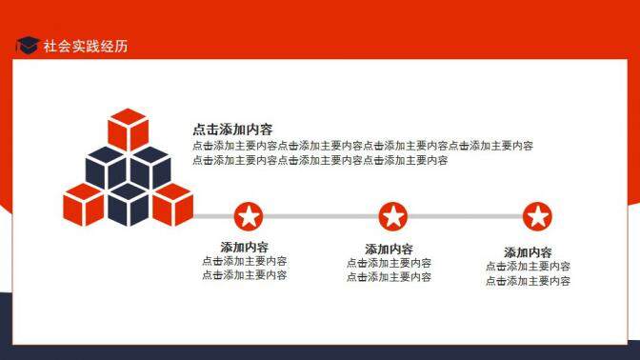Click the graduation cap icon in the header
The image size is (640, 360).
27,45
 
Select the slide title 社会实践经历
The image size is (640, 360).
86,46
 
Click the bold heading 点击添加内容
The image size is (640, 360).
233,130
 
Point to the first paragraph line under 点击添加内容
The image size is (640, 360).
363,146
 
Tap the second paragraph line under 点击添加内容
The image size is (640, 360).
320,160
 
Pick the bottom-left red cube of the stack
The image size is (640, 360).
83,204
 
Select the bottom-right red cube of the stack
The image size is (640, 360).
172,204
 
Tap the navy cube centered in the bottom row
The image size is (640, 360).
128,205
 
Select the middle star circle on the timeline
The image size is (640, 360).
392,217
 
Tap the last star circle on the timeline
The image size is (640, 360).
537,217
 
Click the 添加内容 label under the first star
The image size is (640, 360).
245,247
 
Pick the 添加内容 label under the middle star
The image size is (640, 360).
389,249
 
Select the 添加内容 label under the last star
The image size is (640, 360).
529,252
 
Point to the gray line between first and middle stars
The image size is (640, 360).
320,217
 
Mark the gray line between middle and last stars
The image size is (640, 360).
465,217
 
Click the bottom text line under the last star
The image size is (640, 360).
529,281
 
